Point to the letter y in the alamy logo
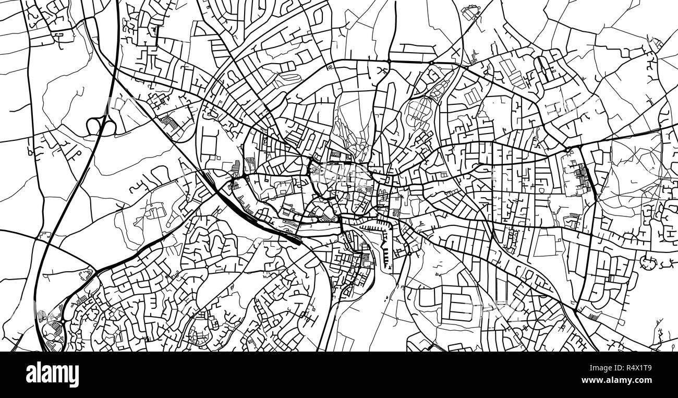[x=73, y=377]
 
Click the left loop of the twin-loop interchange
[x=94, y=126]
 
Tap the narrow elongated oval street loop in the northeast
[x=544, y=68]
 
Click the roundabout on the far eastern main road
[x=567, y=150]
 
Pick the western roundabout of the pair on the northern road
[x=389, y=62]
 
